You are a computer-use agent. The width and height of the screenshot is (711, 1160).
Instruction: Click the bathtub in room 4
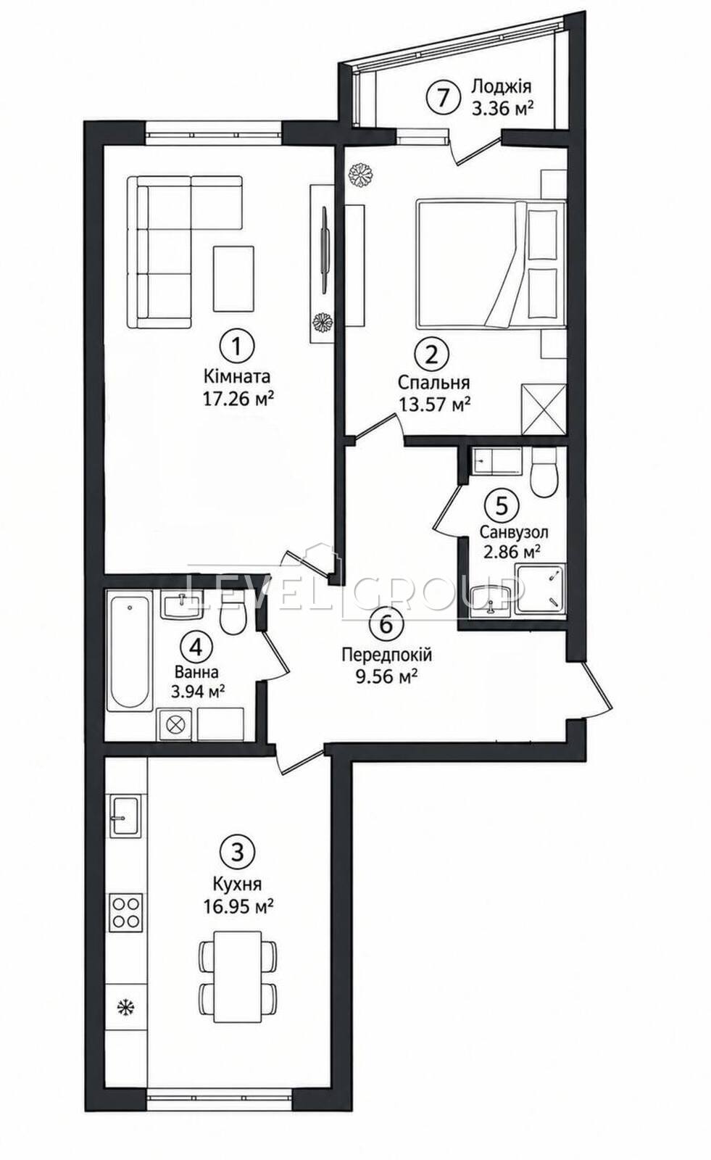pos(130,652)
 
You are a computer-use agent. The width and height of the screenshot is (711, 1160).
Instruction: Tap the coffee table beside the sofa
pos(233,278)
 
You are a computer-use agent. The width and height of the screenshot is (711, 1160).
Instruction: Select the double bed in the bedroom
pos(491,265)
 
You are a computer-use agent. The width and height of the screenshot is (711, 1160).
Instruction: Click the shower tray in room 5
pos(540,590)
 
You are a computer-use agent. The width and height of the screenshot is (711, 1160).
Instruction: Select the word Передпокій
pos(386,655)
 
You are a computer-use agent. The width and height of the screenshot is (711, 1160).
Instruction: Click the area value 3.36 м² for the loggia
pos(502,108)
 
